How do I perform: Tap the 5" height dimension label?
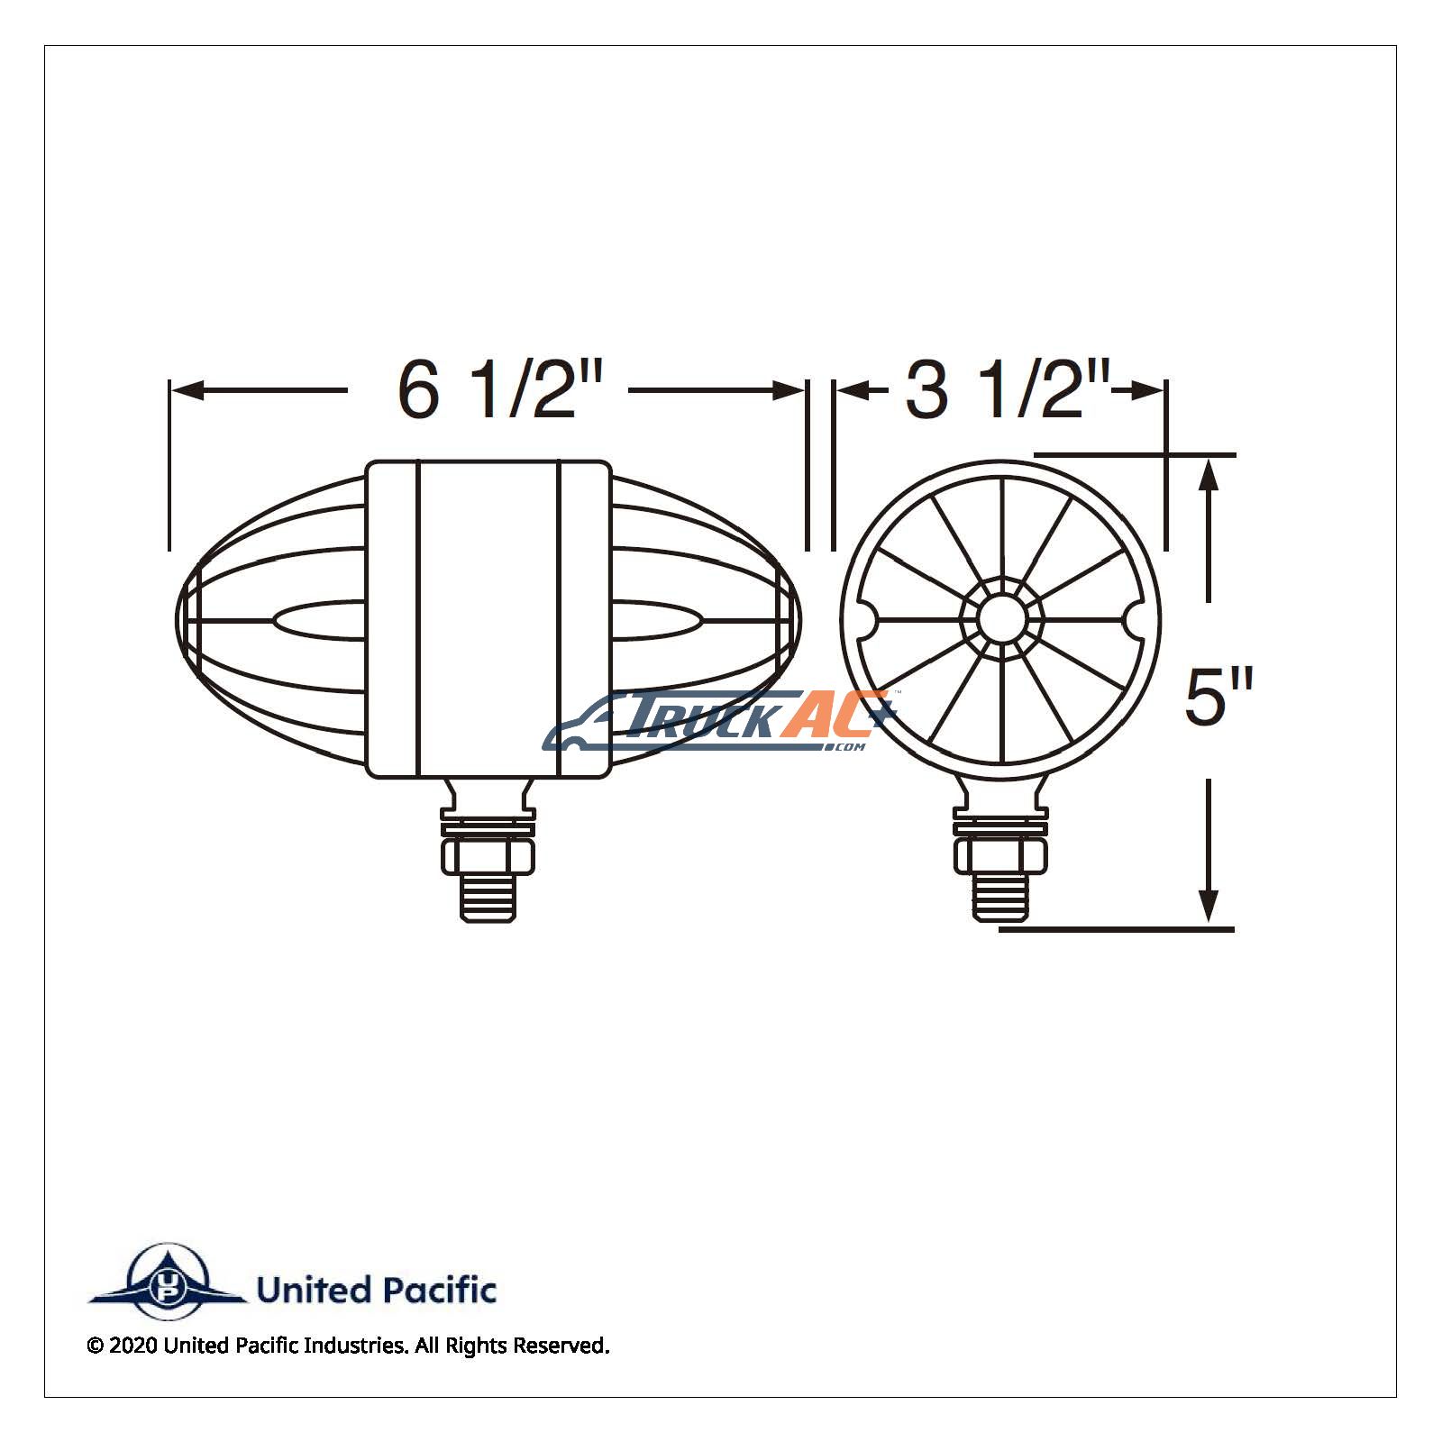coord(1218,697)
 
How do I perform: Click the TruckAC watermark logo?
coord(718,721)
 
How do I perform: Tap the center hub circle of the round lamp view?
coord(1002,619)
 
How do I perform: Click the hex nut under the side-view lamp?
coord(488,855)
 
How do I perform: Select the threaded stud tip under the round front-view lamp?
coord(1001,898)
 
